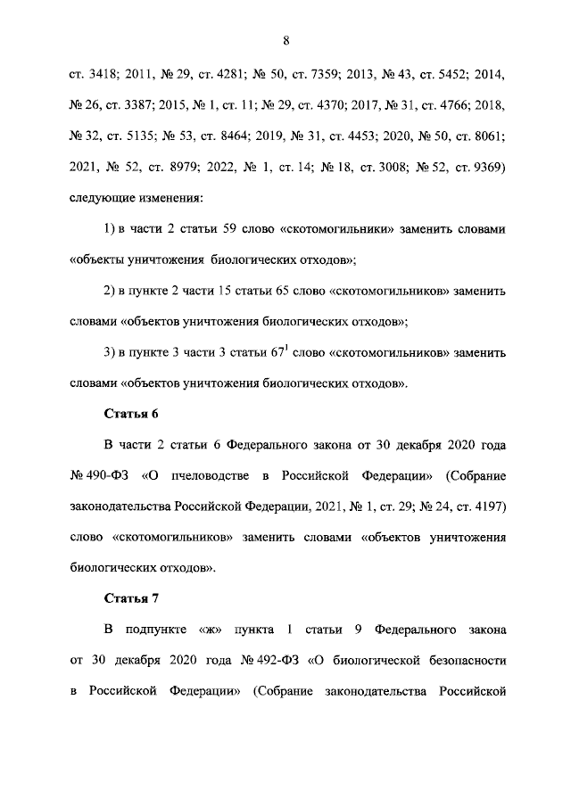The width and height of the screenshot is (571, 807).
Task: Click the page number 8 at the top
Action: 285,39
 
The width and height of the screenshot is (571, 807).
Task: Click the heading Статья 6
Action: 132,414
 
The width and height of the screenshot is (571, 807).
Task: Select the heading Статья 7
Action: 132,598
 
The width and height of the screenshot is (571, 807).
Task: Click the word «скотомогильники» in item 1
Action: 338,229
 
